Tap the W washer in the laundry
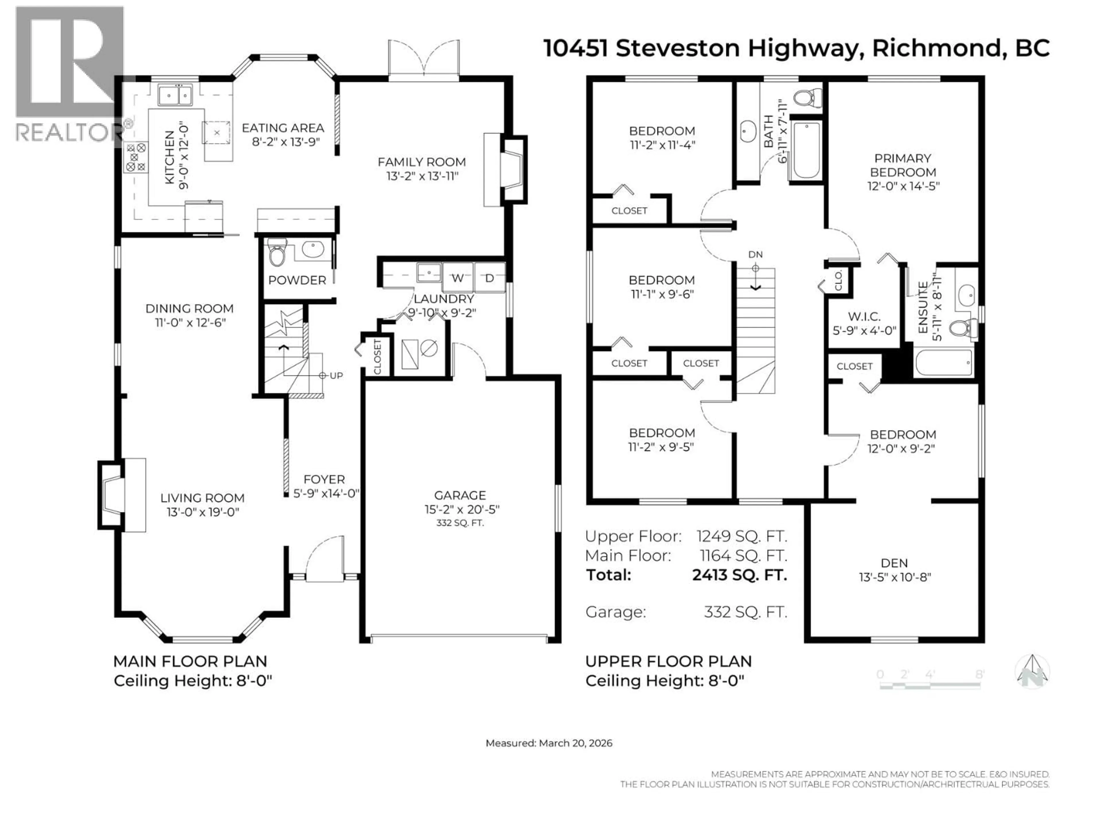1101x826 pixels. (x=457, y=278)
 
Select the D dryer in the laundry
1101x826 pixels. (x=489, y=278)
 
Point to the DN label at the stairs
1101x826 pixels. (x=755, y=254)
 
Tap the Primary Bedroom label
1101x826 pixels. (x=902, y=165)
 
